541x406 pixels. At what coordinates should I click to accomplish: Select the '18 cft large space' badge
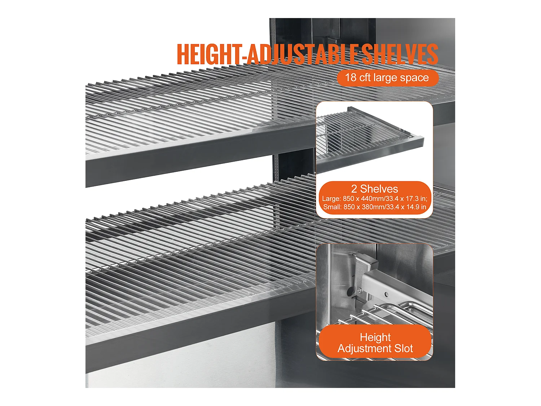tap(387, 78)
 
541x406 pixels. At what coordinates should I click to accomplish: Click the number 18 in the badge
tap(351, 78)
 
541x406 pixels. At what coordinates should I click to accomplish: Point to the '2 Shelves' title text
tap(374, 189)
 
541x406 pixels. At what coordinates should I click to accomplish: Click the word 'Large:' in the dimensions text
tap(331, 199)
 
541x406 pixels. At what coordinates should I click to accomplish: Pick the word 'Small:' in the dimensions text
tap(332, 207)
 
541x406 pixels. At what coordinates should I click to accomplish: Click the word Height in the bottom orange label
tap(375, 337)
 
